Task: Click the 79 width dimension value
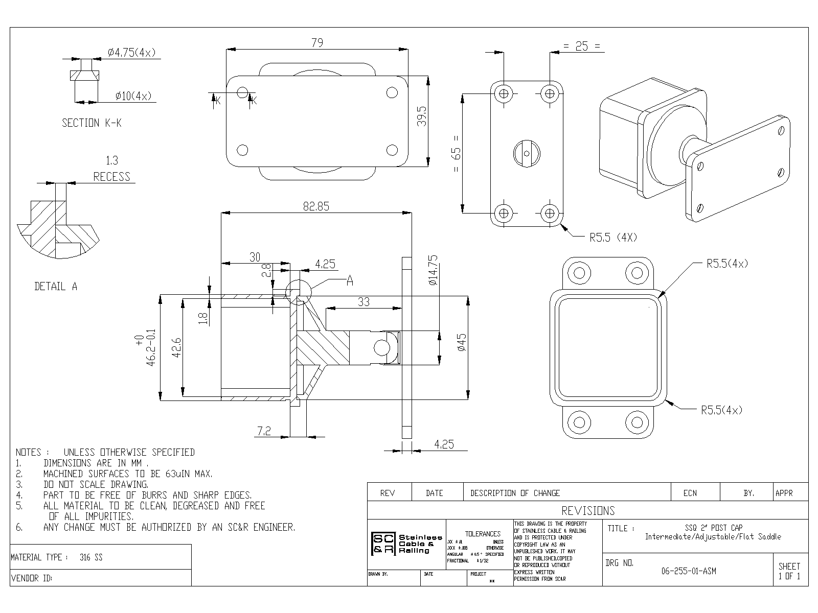pyautogui.click(x=317, y=43)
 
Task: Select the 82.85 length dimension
pyautogui.click(x=315, y=206)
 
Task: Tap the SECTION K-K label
pyautogui.click(x=92, y=123)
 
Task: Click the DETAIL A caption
pyautogui.click(x=56, y=287)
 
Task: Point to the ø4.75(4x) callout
pyautogui.click(x=131, y=53)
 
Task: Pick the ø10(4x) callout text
pyautogui.click(x=133, y=96)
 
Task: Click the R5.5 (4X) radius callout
pyautogui.click(x=613, y=238)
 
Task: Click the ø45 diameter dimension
pyautogui.click(x=462, y=342)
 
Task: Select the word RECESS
pyautogui.click(x=111, y=177)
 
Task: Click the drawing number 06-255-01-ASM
pyautogui.click(x=689, y=571)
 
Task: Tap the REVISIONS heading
pyautogui.click(x=588, y=511)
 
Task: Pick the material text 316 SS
pyautogui.click(x=91, y=557)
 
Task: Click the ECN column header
pyautogui.click(x=690, y=493)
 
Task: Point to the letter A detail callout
pyautogui.click(x=350, y=280)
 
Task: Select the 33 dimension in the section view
pyautogui.click(x=363, y=302)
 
